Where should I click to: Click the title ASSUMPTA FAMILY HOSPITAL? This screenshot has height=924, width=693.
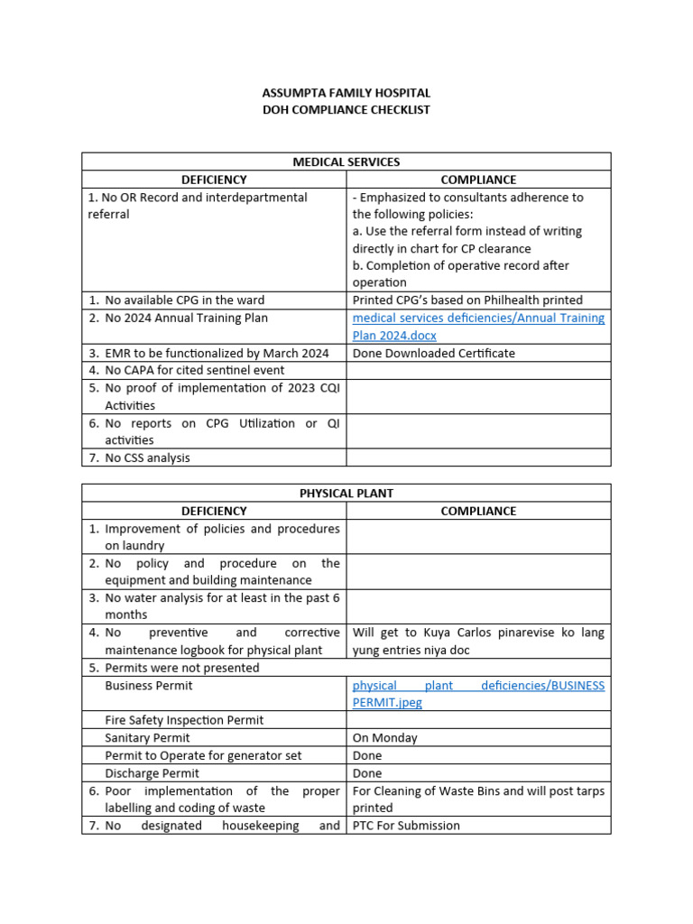346,93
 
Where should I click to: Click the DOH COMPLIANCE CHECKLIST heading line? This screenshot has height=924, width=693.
346,110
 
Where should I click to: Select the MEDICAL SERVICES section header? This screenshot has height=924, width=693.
346,162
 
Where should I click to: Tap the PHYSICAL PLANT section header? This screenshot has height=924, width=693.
346,494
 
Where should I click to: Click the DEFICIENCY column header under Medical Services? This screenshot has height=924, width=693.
214,180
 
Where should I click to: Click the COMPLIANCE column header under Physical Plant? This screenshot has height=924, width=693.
478,511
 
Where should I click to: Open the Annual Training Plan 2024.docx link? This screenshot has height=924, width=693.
478,326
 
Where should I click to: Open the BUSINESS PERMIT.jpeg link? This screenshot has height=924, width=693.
478,693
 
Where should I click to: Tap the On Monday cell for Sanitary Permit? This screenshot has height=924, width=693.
385,738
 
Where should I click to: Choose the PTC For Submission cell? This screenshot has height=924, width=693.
406,826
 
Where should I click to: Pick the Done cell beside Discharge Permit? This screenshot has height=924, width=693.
367,773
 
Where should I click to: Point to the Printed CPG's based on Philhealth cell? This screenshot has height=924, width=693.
467,300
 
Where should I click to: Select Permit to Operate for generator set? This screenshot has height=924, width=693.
203,755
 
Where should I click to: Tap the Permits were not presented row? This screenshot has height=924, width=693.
181,668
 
